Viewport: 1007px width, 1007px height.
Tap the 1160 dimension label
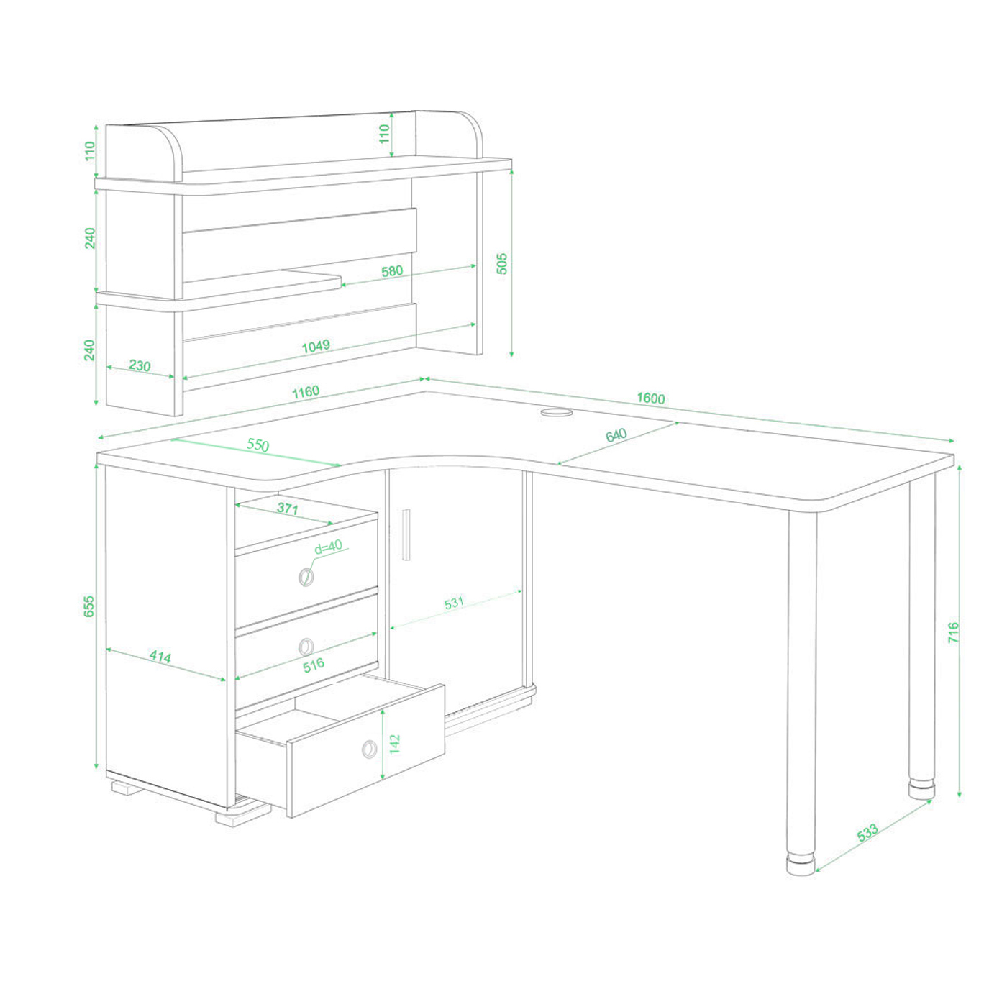point(305,392)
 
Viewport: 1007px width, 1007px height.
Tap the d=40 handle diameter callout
point(328,547)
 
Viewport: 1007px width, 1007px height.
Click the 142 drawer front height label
point(395,744)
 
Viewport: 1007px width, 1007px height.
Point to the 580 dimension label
point(392,270)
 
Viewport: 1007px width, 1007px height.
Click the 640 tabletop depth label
point(616,435)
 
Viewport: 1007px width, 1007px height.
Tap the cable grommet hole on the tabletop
point(557,413)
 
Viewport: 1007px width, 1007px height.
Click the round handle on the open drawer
point(370,749)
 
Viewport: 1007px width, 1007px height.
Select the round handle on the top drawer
point(306,577)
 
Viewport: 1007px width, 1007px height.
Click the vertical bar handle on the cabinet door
point(406,534)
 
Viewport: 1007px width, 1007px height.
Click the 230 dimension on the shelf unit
point(140,365)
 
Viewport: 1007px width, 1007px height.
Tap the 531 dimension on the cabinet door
point(454,603)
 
